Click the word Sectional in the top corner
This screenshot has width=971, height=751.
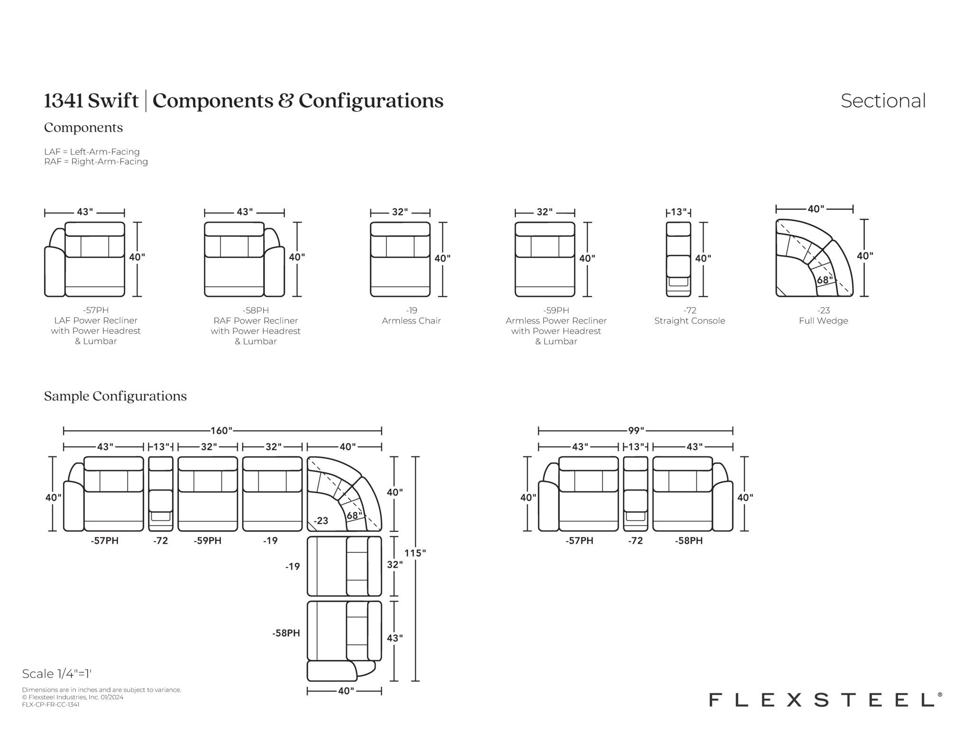tap(883, 101)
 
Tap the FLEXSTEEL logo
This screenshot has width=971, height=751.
tap(825, 700)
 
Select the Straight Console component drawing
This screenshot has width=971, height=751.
tap(678, 259)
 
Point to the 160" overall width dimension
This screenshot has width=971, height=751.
tap(222, 431)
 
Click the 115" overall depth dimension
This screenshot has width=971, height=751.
tap(415, 553)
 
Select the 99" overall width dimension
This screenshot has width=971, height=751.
tap(636, 431)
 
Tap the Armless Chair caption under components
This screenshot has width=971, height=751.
tap(412, 321)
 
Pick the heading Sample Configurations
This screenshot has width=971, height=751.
tap(115, 396)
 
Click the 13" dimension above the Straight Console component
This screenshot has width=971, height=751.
tap(678, 212)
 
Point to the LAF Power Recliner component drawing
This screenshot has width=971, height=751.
tap(85, 259)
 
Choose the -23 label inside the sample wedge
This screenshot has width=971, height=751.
tap(321, 520)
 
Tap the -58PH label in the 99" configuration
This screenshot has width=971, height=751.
tap(689, 540)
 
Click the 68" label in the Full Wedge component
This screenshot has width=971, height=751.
tap(824, 280)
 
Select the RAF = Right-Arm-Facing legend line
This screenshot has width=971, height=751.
tap(96, 162)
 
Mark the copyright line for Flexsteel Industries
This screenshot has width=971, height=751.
tap(73, 697)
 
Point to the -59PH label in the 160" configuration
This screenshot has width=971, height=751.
tap(208, 540)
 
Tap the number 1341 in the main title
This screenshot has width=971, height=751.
tap(64, 101)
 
